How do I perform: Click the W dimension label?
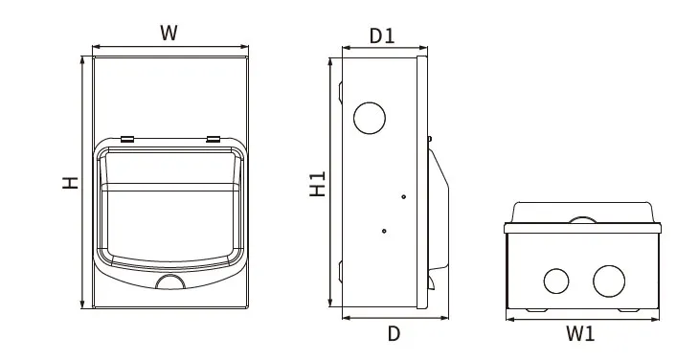click(169, 34)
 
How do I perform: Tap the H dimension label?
click(71, 183)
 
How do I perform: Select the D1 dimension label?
click(382, 36)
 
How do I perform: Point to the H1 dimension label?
click(318, 184)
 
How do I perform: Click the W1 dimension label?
click(580, 333)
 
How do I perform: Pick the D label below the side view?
click(394, 333)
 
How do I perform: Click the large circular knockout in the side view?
click(370, 118)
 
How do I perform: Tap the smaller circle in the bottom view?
click(556, 281)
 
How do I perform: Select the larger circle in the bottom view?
click(609, 281)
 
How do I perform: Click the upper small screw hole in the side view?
click(403, 196)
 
